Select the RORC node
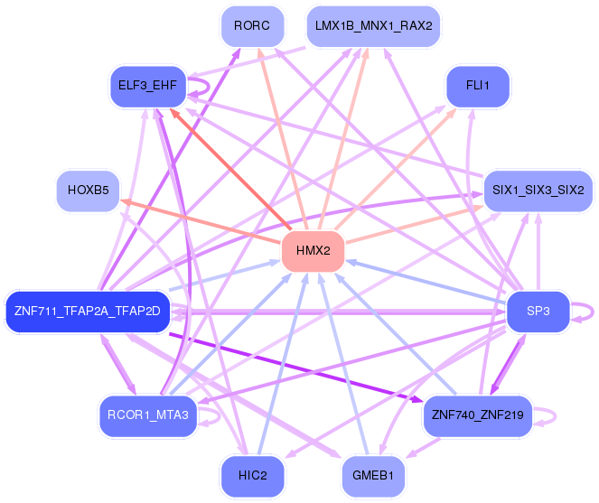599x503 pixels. coord(252,26)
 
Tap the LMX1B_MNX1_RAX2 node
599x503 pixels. coord(373,26)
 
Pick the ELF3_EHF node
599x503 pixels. coord(147,86)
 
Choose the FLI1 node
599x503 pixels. coord(477,86)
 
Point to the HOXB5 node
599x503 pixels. coord(88,191)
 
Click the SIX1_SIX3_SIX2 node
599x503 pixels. coord(538,191)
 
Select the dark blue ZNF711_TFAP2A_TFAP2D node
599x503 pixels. coord(88,312)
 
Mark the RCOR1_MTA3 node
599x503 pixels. coord(146,415)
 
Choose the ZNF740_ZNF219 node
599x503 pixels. coord(478,415)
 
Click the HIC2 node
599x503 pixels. coord(252,475)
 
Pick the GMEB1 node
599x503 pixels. coord(373,475)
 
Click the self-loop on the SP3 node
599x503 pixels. coord(588,312)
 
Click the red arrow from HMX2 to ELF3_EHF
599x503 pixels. coord(230,166)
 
